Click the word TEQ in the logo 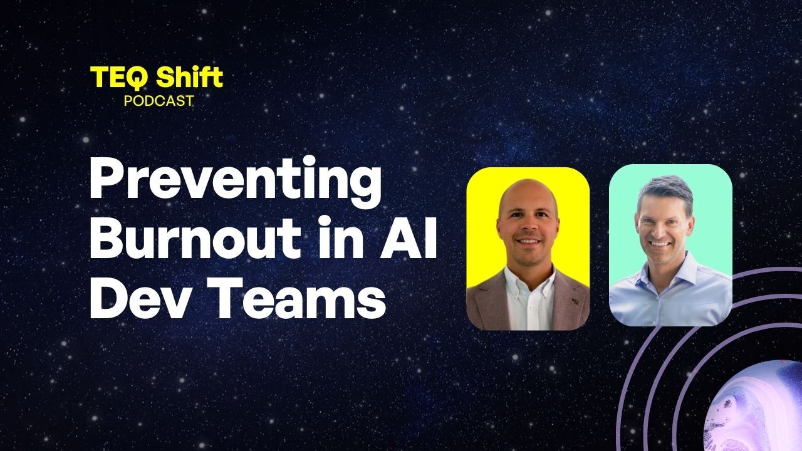[x=118, y=78]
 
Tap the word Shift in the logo [x=189, y=76]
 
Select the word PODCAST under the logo [x=159, y=101]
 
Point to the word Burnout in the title [x=195, y=237]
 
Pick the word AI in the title [x=409, y=238]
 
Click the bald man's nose [x=528, y=227]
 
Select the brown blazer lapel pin [x=575, y=301]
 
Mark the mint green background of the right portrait [x=712, y=222]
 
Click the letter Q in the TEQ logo [x=135, y=79]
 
